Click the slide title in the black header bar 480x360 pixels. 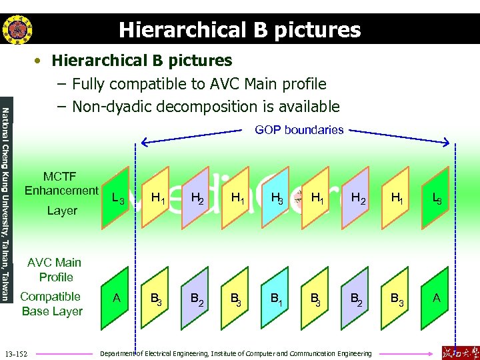pyautogui.click(x=240, y=30)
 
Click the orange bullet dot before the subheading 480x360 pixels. pyautogui.click(x=40, y=61)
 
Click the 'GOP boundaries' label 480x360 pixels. pyautogui.click(x=299, y=130)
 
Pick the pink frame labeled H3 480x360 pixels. pyautogui.click(x=275, y=197)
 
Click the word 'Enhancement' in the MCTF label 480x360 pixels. pyautogui.click(x=61, y=191)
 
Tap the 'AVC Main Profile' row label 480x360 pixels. pyautogui.click(x=55, y=269)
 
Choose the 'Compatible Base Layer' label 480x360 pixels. pyautogui.click(x=51, y=304)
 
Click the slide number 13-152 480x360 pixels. pyautogui.click(x=15, y=353)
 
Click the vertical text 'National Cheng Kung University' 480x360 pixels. pyautogui.click(x=6, y=167)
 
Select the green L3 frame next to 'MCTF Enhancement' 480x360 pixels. pyautogui.click(x=117, y=197)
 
